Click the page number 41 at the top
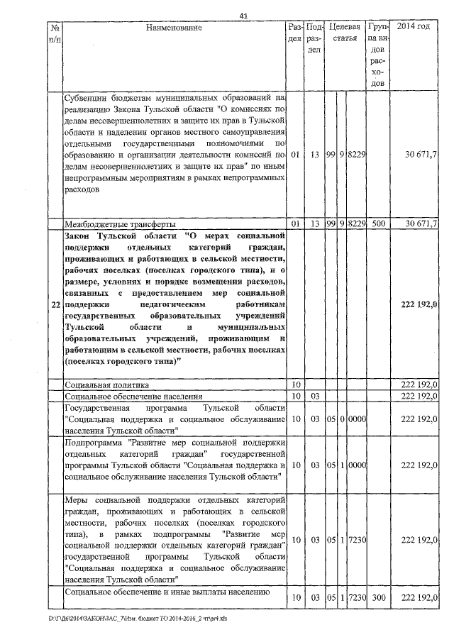click(243, 16)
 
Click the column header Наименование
click(174, 28)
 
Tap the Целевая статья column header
click(345, 33)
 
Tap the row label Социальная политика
click(106, 384)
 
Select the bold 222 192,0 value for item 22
click(419, 304)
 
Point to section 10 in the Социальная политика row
click(297, 384)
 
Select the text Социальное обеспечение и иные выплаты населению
click(165, 592)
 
